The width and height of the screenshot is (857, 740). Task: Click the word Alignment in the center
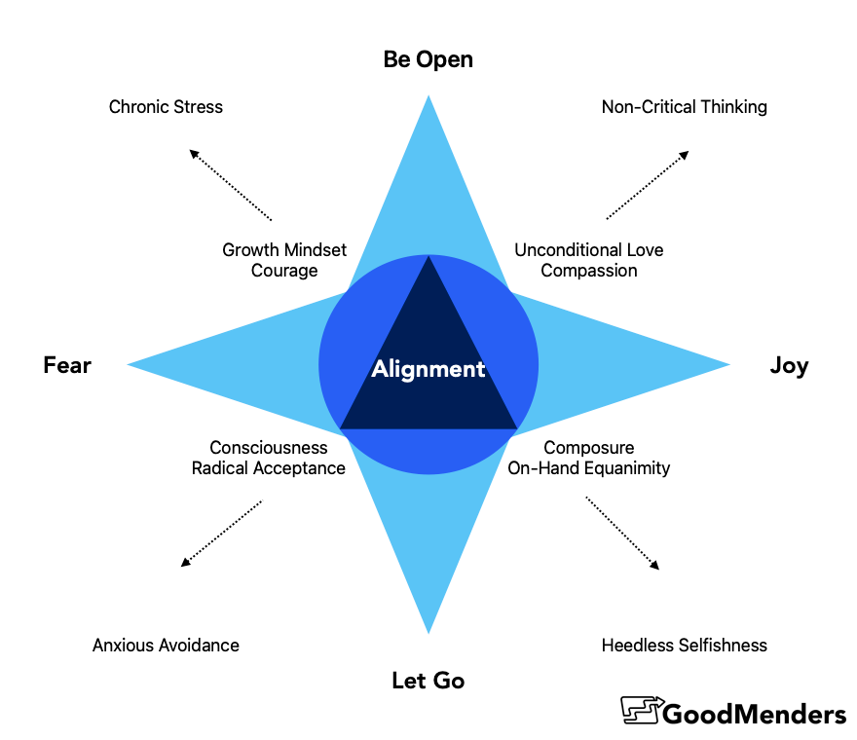[428, 369]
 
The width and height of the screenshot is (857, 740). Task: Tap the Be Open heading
[428, 59]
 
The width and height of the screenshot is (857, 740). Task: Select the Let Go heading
[428, 681]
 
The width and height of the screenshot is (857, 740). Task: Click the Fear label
[67, 365]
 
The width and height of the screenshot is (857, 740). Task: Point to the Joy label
[789, 366]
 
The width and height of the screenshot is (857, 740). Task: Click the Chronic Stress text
[166, 107]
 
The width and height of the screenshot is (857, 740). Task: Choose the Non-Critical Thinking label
[684, 107]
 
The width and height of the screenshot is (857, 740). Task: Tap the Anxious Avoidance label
[166, 645]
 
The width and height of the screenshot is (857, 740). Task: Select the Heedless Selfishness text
[684, 645]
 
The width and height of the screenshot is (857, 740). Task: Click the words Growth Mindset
[284, 250]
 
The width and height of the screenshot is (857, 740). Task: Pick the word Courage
[284, 271]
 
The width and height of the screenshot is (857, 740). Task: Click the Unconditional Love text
[589, 250]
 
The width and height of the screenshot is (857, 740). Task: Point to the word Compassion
[589, 271]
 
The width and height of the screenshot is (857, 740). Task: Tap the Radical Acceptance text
[268, 468]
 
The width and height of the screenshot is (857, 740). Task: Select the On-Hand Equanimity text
[589, 468]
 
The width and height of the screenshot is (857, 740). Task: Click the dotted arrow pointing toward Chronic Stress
[230, 185]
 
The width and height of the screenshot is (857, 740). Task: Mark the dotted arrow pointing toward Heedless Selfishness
[622, 534]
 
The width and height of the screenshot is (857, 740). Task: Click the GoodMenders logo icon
[642, 711]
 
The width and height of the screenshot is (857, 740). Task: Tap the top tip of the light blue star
[428, 97]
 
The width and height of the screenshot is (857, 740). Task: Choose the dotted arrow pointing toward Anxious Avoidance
[222, 534]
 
